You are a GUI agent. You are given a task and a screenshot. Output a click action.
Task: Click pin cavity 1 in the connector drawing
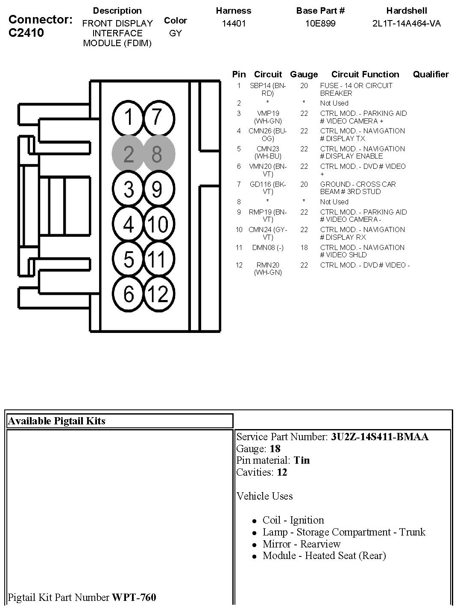point(129,117)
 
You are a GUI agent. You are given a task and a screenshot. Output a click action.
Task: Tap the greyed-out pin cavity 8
point(157,154)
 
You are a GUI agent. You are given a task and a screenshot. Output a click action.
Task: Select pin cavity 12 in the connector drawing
point(157,294)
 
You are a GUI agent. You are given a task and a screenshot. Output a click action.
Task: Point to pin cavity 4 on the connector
point(129,224)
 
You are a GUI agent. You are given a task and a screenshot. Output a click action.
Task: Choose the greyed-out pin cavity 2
point(129,154)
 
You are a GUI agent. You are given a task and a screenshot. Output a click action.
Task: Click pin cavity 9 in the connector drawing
point(157,189)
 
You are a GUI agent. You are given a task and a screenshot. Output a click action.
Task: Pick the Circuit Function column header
point(365,74)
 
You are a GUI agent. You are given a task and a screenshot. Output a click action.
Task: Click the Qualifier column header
point(431,74)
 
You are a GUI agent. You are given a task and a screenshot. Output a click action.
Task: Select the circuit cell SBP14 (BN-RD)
point(267,89)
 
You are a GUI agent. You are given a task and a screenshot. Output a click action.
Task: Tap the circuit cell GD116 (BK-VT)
point(267,188)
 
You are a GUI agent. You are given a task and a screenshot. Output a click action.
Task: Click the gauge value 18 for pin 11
point(304,247)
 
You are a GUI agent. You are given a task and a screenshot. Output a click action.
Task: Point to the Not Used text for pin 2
point(334,103)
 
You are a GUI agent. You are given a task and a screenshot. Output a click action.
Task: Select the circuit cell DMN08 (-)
point(267,247)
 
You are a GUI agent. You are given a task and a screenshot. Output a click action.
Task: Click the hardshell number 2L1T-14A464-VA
point(406,24)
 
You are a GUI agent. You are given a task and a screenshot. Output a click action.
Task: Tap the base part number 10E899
point(320,24)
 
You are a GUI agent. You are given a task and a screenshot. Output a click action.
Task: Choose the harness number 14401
point(234,24)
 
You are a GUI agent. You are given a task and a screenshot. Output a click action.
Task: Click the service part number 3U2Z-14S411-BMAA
point(380,437)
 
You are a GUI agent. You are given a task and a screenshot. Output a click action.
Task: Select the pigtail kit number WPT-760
point(134,597)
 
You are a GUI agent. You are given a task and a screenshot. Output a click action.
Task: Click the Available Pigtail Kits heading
point(56,421)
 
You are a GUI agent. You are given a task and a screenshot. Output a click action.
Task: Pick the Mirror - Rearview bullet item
point(302,544)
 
